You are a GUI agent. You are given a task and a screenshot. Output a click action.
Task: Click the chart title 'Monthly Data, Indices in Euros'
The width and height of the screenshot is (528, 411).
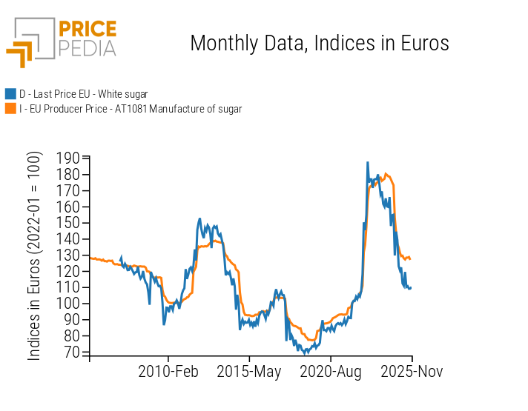pyautogui.click(x=320, y=43)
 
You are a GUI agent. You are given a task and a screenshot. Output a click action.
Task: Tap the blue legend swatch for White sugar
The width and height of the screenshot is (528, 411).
pyautogui.click(x=10, y=94)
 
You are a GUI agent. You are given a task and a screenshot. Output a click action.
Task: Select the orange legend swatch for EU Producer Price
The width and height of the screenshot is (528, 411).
pyautogui.click(x=10, y=109)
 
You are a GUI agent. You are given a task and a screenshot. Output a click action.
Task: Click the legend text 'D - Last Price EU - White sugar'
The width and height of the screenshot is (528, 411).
pyautogui.click(x=83, y=94)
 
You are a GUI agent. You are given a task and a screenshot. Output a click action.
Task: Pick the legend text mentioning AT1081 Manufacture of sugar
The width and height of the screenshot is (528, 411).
pyautogui.click(x=131, y=109)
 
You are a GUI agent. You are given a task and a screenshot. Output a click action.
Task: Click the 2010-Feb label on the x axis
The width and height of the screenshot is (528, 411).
pyautogui.click(x=168, y=372)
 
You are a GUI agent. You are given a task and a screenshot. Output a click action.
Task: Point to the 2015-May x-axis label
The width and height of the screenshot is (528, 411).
pyautogui.click(x=249, y=372)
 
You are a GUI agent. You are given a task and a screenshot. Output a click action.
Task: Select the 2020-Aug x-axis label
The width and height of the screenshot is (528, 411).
pyautogui.click(x=329, y=372)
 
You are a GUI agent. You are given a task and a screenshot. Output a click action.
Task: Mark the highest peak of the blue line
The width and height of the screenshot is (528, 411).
pyautogui.click(x=367, y=162)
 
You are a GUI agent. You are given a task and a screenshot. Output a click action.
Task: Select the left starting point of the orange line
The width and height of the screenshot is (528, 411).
pyautogui.click(x=90, y=258)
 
